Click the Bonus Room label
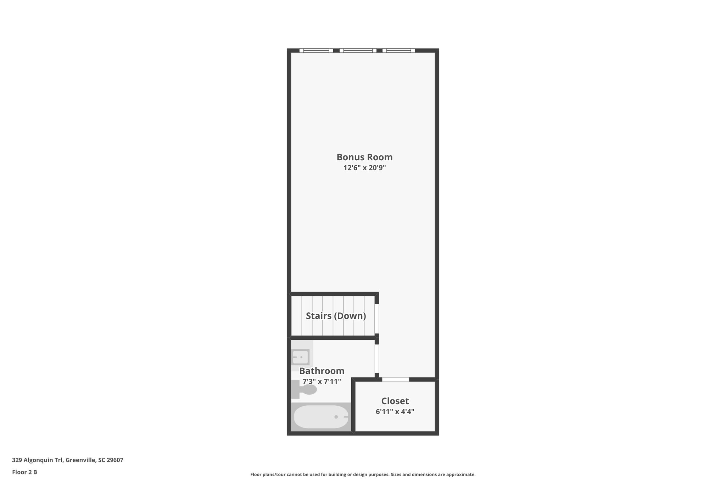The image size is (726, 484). click(x=364, y=157)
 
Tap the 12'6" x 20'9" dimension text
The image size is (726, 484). click(x=364, y=168)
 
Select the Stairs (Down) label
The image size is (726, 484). click(x=336, y=316)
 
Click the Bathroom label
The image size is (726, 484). click(x=322, y=371)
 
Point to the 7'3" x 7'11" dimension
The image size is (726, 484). click(x=322, y=382)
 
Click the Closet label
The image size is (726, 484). click(x=395, y=401)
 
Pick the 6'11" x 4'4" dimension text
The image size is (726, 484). click(x=395, y=412)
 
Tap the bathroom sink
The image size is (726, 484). click(x=300, y=357)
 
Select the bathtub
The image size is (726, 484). click(x=321, y=417)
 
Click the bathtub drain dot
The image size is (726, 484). click(x=336, y=417)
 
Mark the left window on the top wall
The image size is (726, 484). click(x=316, y=51)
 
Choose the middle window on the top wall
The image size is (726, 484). click(x=358, y=51)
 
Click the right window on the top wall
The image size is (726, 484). click(x=398, y=51)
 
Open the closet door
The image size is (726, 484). click(x=395, y=379)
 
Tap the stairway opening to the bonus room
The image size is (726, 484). click(x=377, y=318)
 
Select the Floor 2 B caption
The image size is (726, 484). click(x=24, y=472)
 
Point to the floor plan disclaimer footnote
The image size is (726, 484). click(x=363, y=474)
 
